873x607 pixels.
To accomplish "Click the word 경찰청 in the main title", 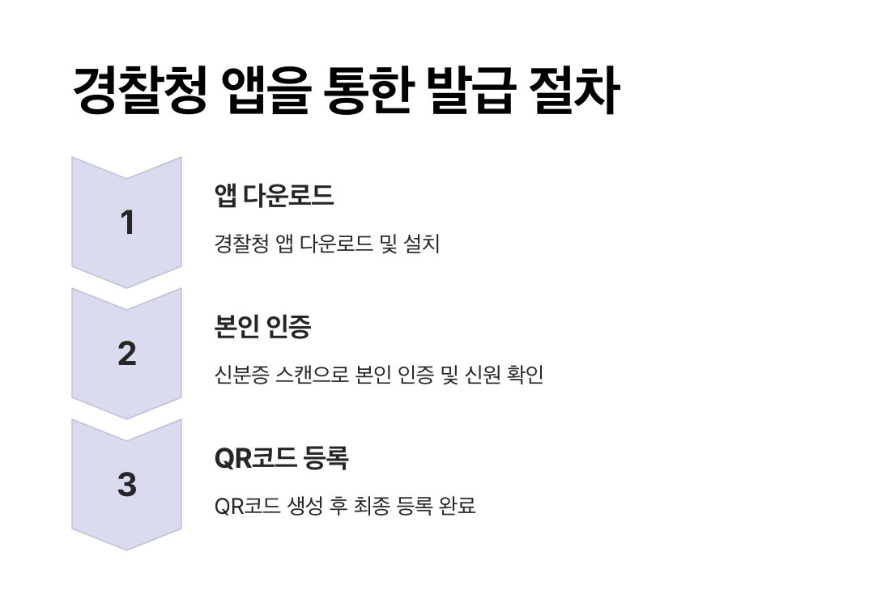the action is click(x=138, y=91).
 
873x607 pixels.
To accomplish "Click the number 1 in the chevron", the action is click(x=127, y=223).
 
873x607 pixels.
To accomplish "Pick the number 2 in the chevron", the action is click(x=127, y=354).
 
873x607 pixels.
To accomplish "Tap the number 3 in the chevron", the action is click(x=127, y=485).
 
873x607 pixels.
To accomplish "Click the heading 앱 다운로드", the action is click(x=274, y=196).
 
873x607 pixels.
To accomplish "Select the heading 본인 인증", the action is click(x=262, y=327).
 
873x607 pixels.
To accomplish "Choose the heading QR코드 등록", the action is click(x=281, y=458).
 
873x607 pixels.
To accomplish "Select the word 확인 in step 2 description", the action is click(x=524, y=376).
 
